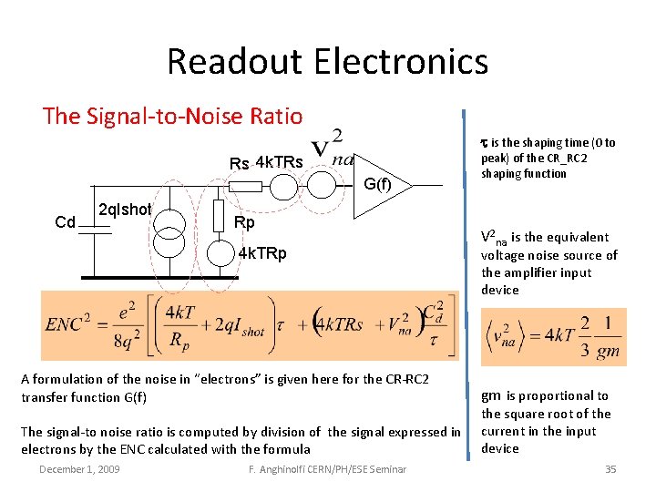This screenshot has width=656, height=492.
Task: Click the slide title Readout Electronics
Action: pyautogui.click(x=327, y=62)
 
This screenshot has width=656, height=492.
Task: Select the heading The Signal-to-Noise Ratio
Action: pyautogui.click(x=173, y=116)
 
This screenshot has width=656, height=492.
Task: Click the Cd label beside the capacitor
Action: pyautogui.click(x=65, y=222)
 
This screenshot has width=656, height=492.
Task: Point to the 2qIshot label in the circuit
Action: pyautogui.click(x=125, y=210)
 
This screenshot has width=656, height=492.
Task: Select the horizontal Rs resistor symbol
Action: pyautogui.click(x=243, y=186)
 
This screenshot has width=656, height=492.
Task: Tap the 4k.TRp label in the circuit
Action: pyautogui.click(x=261, y=252)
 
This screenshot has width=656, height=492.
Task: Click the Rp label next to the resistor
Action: pyautogui.click(x=245, y=223)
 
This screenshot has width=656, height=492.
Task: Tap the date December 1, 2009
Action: pyautogui.click(x=79, y=468)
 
